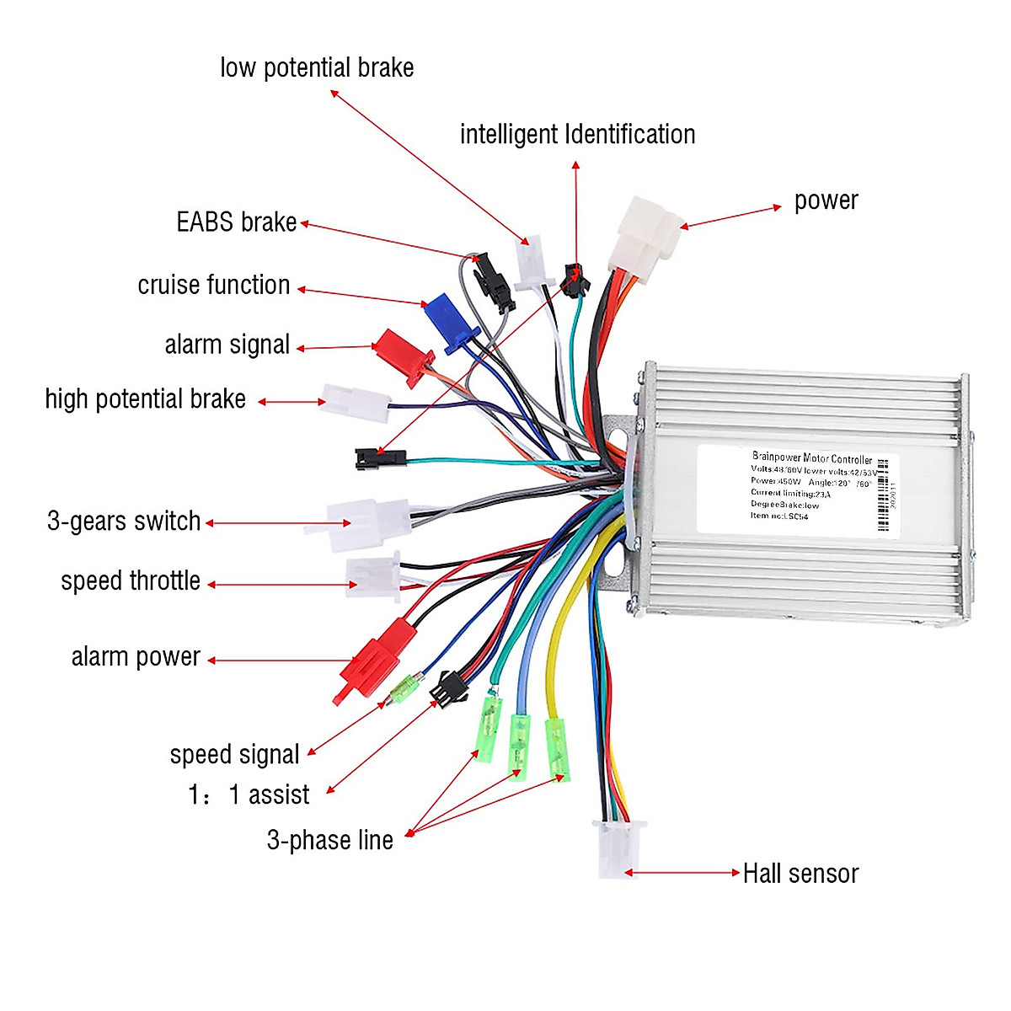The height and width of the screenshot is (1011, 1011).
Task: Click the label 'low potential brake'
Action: coord(317,68)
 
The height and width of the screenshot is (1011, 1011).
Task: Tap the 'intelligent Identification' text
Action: coord(577,135)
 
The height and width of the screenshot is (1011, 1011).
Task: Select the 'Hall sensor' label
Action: coord(800,874)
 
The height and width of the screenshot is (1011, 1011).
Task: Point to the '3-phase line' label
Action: coord(330,840)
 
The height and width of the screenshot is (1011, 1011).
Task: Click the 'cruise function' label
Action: coord(214,286)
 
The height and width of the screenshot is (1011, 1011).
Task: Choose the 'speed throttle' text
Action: coord(131,581)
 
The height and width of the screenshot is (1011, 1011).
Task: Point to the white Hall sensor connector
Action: coord(618,848)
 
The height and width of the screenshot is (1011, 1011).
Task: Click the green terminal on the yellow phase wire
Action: coord(556,747)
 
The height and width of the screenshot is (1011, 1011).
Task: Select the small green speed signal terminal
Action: coord(404,690)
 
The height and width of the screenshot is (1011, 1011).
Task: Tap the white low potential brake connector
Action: coord(530,263)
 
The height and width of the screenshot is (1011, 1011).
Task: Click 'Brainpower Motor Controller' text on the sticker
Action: coord(811,458)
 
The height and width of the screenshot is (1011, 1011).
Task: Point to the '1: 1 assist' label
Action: coord(249,794)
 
